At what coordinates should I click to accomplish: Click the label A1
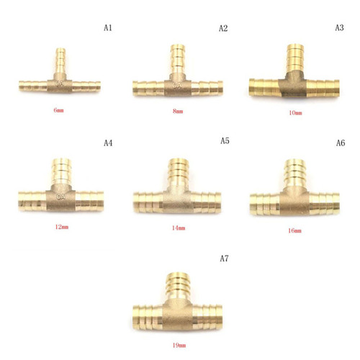click(x=108, y=28)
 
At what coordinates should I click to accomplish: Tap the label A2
click(x=223, y=28)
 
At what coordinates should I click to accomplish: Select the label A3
click(x=339, y=27)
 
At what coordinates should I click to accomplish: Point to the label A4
click(x=108, y=143)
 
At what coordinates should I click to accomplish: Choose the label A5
click(x=225, y=140)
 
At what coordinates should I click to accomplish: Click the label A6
click(x=341, y=143)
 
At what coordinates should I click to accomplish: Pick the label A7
click(x=224, y=258)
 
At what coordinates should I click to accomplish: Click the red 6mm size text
click(x=58, y=110)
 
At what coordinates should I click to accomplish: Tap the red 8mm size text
click(x=178, y=111)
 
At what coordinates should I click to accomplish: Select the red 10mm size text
click(x=295, y=113)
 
